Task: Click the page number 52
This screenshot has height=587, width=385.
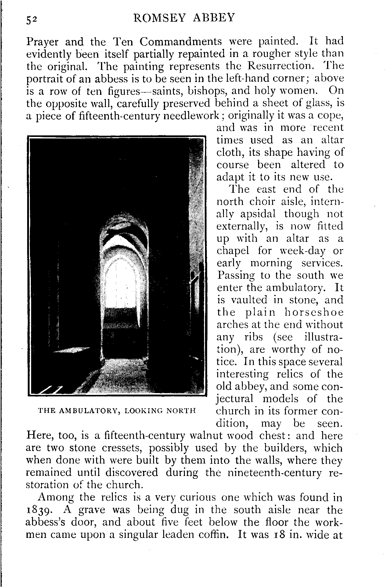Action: click(32, 19)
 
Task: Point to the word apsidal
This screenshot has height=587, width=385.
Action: click(258, 214)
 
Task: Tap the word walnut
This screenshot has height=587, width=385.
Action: click(208, 436)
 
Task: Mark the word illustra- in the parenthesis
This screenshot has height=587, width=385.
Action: click(324, 337)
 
